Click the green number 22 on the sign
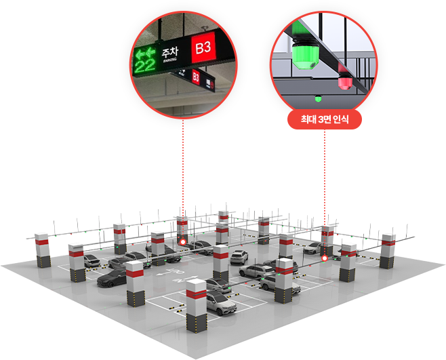coord(144,66)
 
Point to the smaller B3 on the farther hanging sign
coord(196,77)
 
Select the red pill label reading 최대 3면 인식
coord(324,121)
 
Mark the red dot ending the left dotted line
coord(182,241)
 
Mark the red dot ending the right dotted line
coord(325,258)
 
